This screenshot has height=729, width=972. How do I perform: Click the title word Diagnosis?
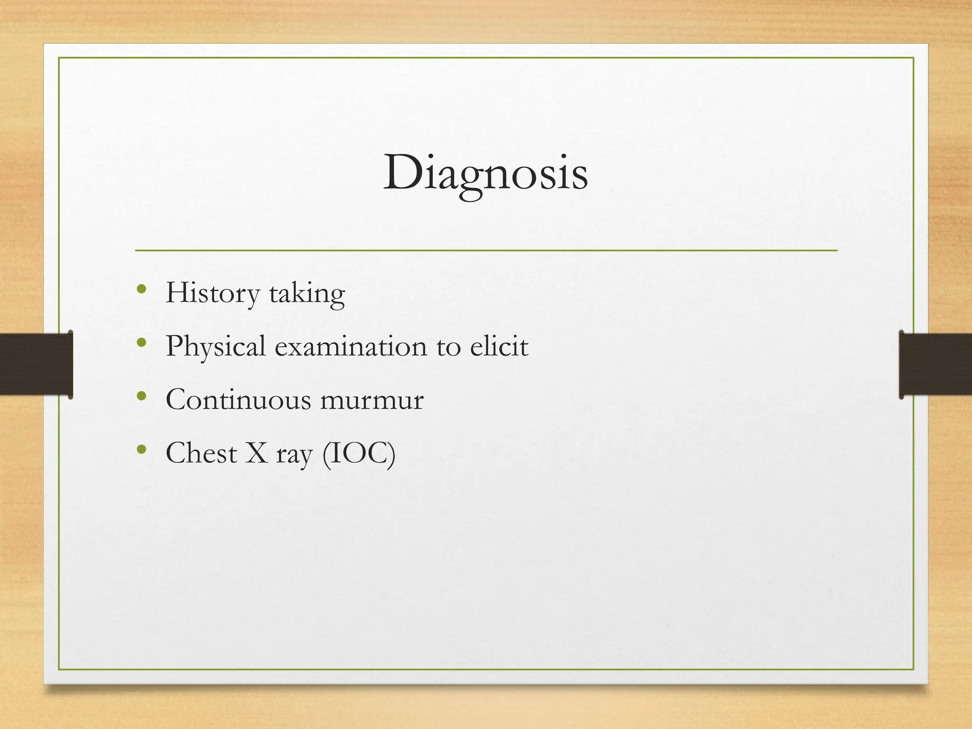pos(486,173)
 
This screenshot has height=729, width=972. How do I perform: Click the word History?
pos(212,293)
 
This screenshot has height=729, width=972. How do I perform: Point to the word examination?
pos(351,346)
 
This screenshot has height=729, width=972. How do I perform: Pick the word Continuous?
pos(238,400)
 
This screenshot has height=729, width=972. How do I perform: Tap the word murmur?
pos(372,401)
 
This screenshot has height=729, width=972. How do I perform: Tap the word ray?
pos(294,455)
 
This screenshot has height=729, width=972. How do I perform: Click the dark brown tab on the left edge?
pos(36,364)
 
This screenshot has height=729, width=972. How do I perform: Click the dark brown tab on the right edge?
pos(935,364)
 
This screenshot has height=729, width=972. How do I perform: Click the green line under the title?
pos(486,250)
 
